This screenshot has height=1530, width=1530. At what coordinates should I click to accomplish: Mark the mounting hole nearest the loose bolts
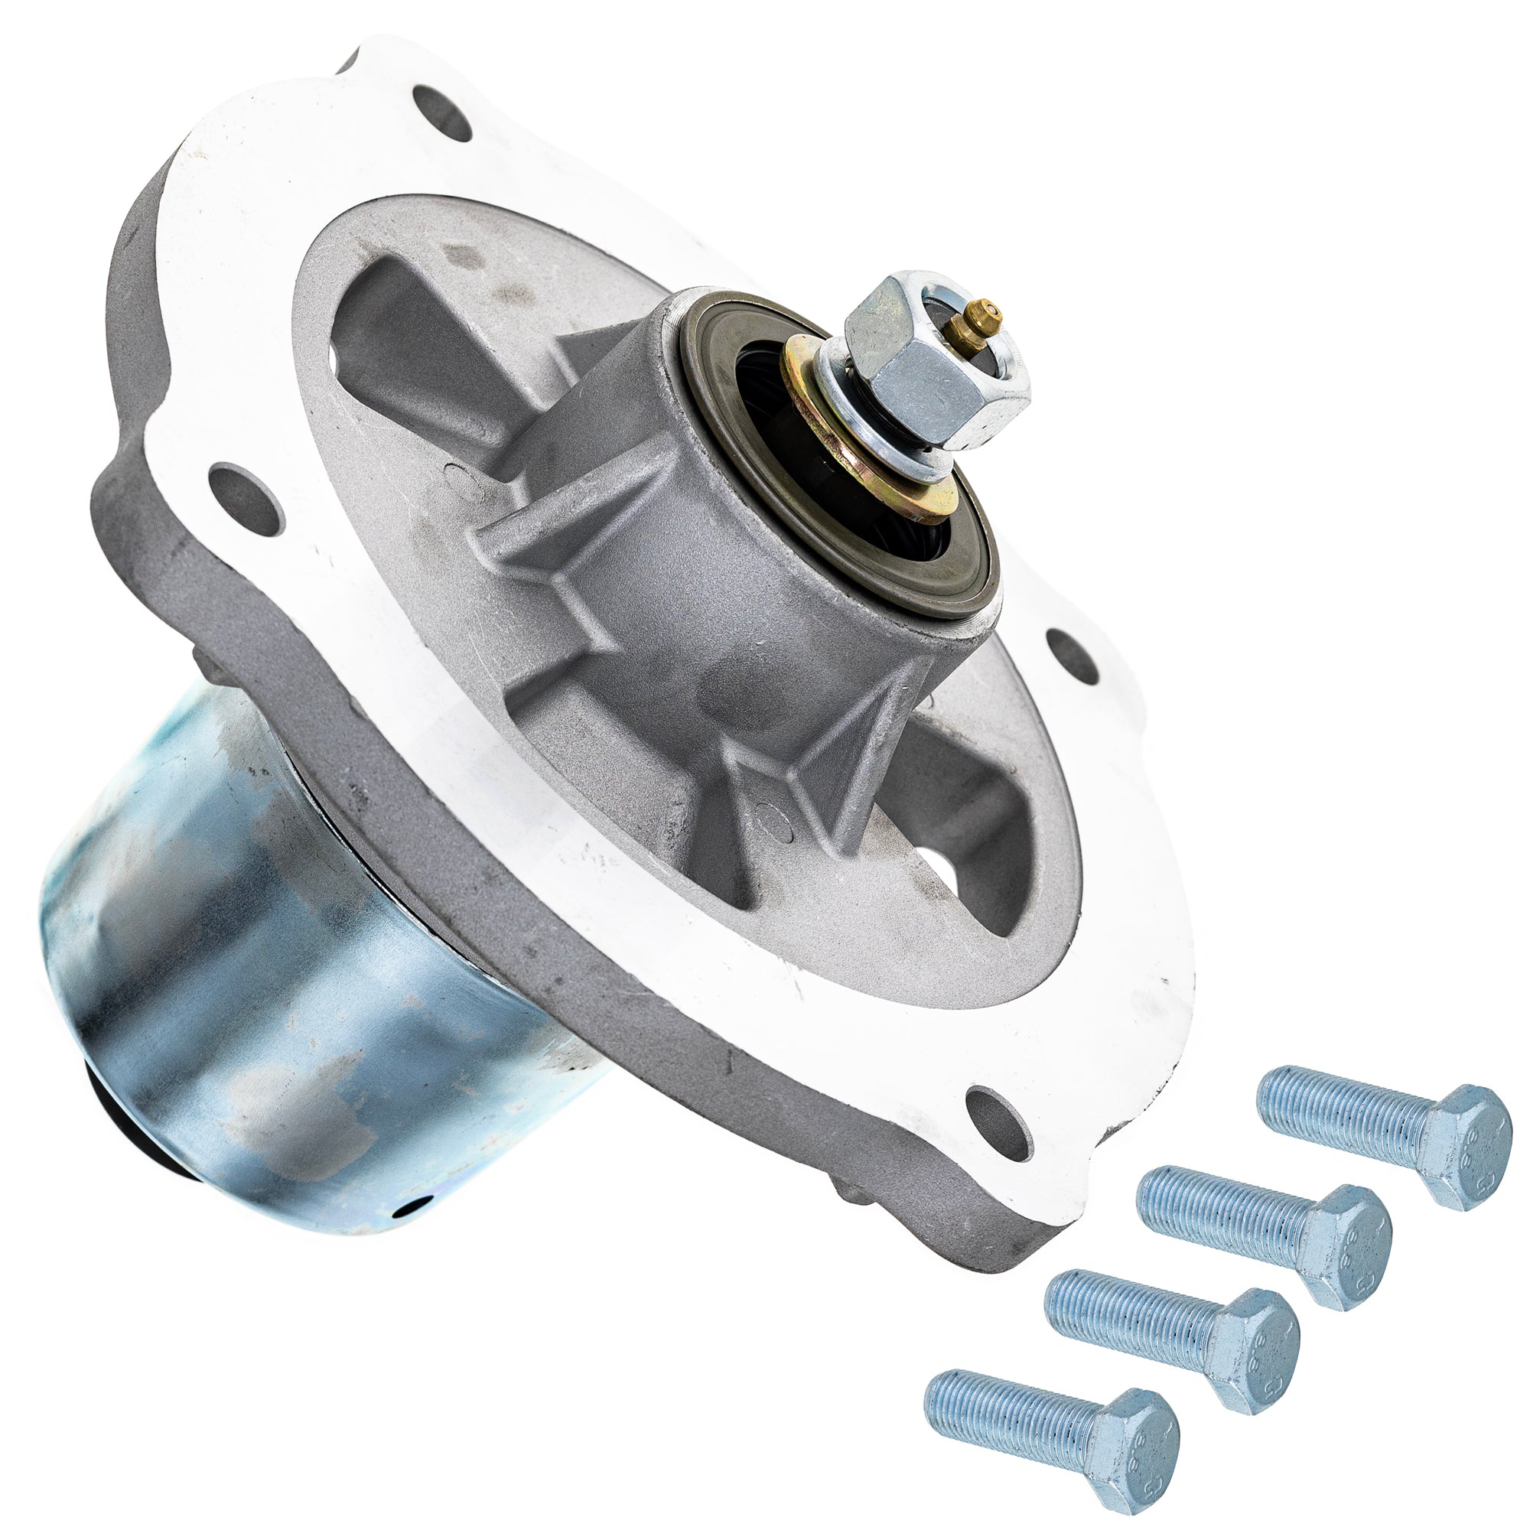[1003, 1117]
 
